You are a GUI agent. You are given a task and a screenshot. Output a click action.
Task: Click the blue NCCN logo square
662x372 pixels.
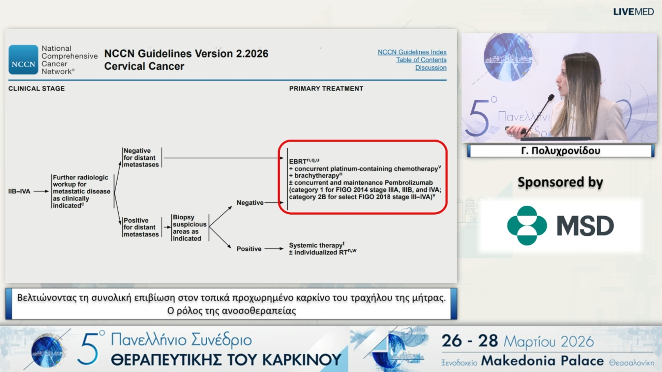pyautogui.click(x=23, y=60)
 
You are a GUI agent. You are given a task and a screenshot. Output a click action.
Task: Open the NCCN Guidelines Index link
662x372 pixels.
pyautogui.click(x=412, y=52)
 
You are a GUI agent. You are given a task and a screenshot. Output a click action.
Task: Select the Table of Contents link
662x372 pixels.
pyautogui.click(x=421, y=60)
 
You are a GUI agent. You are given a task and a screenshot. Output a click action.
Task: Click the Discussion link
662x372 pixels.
pyautogui.click(x=431, y=68)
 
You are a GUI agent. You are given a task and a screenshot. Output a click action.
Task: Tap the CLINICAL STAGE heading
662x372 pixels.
pyautogui.click(x=37, y=89)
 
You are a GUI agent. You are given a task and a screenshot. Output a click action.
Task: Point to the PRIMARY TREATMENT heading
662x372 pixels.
pyautogui.click(x=326, y=89)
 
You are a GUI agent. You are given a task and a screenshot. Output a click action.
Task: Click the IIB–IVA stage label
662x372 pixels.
pyautogui.click(x=19, y=191)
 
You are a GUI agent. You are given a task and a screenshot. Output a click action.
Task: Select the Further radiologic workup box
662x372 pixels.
pyautogui.click(x=82, y=192)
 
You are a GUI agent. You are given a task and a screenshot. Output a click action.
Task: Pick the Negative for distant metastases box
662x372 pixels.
pyautogui.click(x=141, y=158)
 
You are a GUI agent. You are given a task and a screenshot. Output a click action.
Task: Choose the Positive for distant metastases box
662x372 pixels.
pyautogui.click(x=141, y=227)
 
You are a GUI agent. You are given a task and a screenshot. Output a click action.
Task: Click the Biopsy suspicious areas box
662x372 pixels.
pyautogui.click(x=190, y=228)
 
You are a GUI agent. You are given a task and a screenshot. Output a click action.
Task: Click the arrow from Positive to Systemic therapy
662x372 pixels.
pyautogui.click(x=274, y=249)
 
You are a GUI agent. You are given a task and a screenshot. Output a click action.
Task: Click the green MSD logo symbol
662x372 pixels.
pyautogui.click(x=527, y=226)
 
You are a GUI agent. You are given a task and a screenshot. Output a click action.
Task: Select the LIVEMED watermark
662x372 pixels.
pyautogui.click(x=633, y=12)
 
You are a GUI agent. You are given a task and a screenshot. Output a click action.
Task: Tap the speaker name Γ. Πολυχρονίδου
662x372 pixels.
pyautogui.click(x=561, y=151)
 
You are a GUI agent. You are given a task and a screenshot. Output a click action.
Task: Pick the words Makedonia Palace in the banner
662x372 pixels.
pyautogui.click(x=542, y=361)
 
